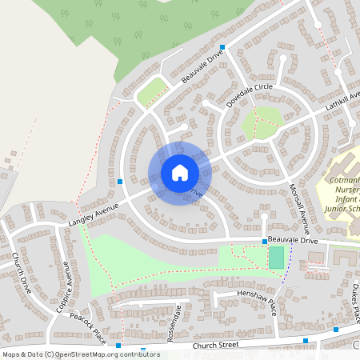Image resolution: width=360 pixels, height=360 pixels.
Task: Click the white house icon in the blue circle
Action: pos(179,173)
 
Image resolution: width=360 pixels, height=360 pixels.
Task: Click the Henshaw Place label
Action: pos(255,299)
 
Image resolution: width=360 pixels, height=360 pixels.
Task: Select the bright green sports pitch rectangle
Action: pos(276,257)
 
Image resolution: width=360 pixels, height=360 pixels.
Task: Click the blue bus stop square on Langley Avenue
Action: pos(120,182)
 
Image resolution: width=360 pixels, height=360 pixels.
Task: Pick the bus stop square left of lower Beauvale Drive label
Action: pos(264,240)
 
